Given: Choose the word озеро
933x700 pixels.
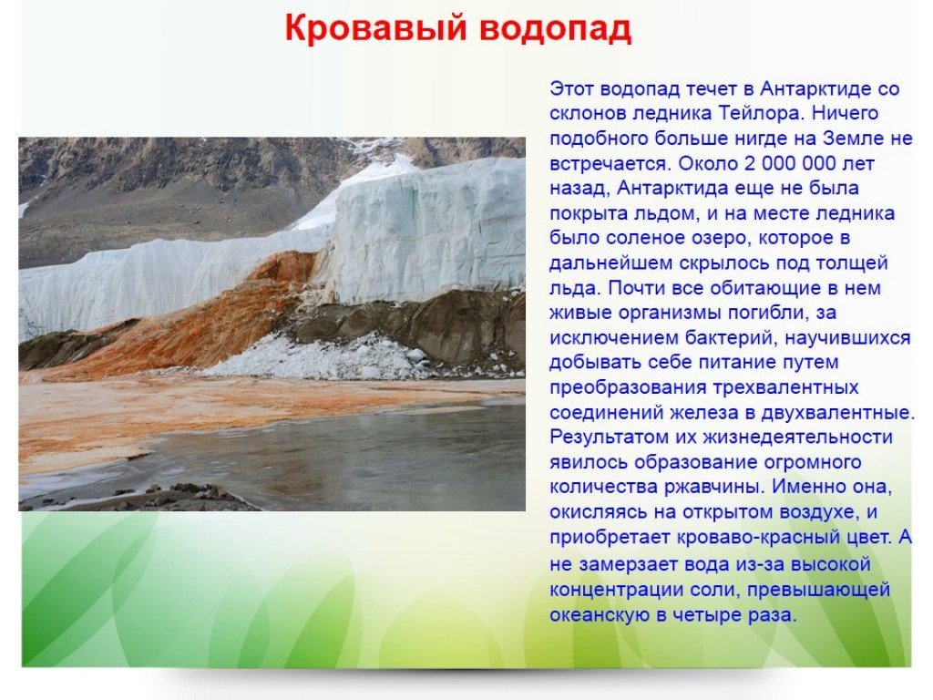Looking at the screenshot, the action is click(708, 238).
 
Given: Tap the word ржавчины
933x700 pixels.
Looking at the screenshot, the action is click(713, 487).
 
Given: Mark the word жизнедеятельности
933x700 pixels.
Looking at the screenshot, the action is click(798, 437).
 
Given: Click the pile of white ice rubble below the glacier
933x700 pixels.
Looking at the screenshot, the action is click(322, 356).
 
